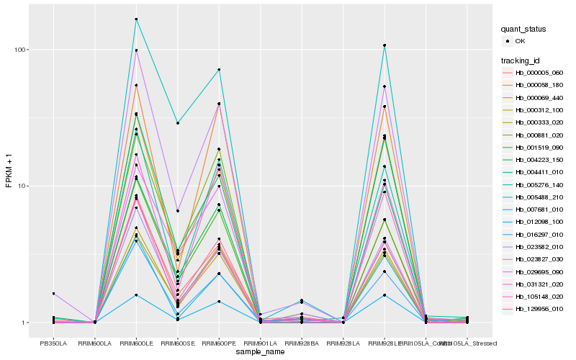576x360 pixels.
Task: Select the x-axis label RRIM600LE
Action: (x=136, y=343)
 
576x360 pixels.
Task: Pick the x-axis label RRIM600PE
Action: (x=219, y=343)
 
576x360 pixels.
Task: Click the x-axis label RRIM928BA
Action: (x=302, y=343)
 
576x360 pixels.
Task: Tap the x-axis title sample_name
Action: (x=260, y=352)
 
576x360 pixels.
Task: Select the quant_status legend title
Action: (x=525, y=29)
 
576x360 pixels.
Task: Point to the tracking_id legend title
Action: (x=523, y=60)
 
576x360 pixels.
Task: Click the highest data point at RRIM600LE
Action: (x=136, y=19)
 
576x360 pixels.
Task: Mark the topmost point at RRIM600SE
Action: (x=178, y=123)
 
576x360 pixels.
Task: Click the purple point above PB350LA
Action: (x=53, y=294)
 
